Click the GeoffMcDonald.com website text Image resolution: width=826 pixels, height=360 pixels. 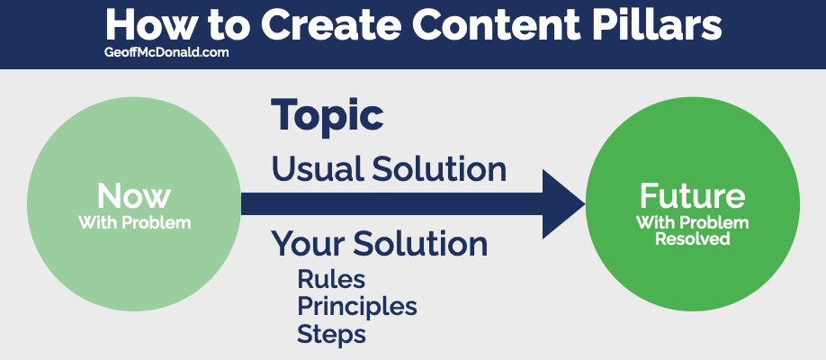166,53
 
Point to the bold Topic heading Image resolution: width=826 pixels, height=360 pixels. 328,117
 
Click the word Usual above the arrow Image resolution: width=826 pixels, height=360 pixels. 318,169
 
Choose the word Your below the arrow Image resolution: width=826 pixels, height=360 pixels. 308,244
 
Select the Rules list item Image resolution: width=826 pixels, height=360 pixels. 331,279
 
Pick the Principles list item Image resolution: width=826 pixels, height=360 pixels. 357,306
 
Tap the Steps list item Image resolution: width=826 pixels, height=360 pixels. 331,333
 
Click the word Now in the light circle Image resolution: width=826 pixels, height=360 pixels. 134,196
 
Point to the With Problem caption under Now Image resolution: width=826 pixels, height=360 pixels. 134,222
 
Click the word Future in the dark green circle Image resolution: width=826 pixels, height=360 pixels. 692,195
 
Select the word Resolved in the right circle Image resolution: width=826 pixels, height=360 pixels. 692,238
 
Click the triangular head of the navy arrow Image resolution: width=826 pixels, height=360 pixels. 563,203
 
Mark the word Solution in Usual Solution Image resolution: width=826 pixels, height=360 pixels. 439,169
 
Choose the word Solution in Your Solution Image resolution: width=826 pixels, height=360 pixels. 420,244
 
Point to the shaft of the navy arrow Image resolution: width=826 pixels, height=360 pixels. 392,203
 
